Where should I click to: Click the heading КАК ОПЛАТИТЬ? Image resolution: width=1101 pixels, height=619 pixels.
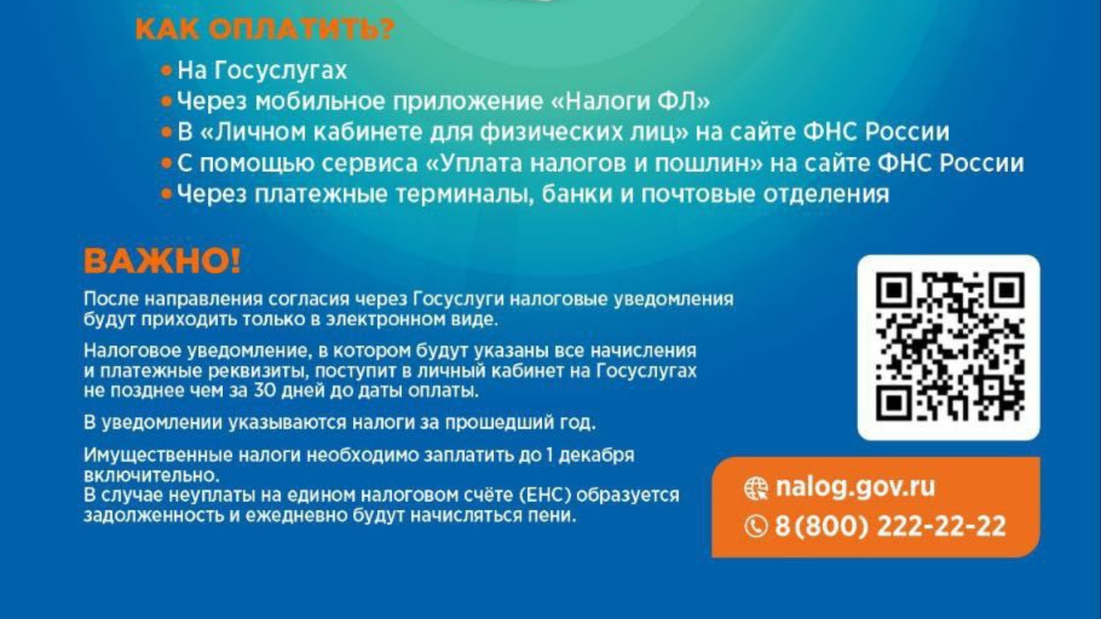pos(265,30)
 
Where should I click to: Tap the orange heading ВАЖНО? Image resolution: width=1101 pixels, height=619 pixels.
pos(162,261)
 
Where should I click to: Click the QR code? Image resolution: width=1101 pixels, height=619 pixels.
pos(949,347)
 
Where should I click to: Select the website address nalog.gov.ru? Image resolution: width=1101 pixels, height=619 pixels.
pos(855,487)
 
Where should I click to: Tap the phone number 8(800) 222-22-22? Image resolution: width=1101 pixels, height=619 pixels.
pos(890,526)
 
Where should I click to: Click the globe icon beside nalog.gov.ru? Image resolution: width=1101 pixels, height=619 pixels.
pos(756,488)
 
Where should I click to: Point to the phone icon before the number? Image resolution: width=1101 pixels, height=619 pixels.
pos(756,527)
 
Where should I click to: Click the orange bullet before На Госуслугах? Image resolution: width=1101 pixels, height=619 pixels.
pos(167,72)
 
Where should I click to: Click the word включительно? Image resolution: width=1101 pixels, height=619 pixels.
pos(151,475)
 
